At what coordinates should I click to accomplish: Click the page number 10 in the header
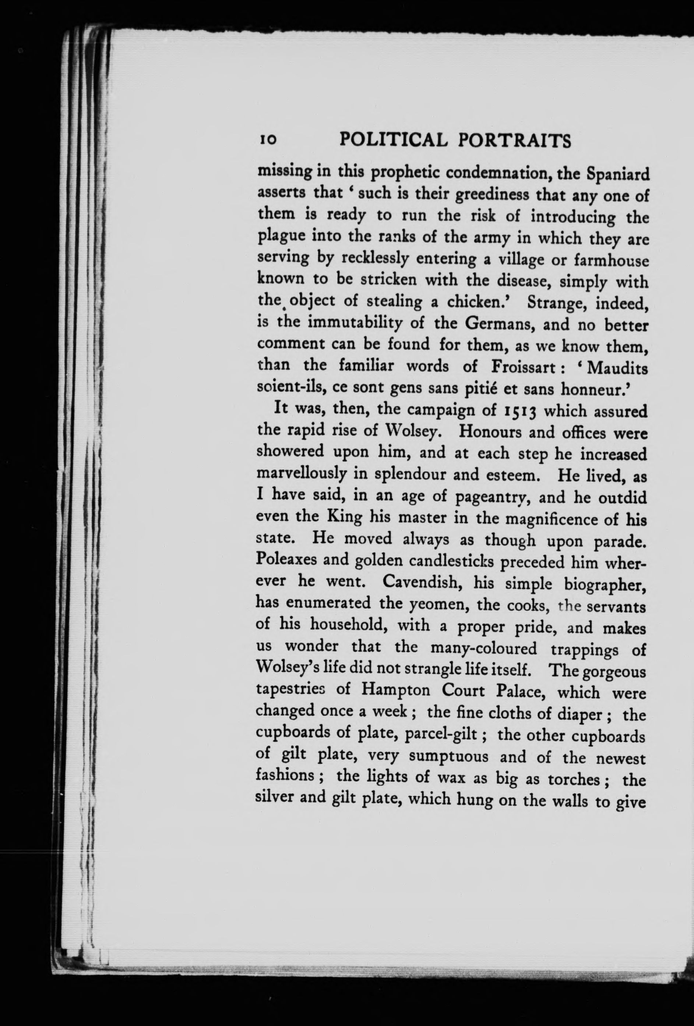[268, 139]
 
